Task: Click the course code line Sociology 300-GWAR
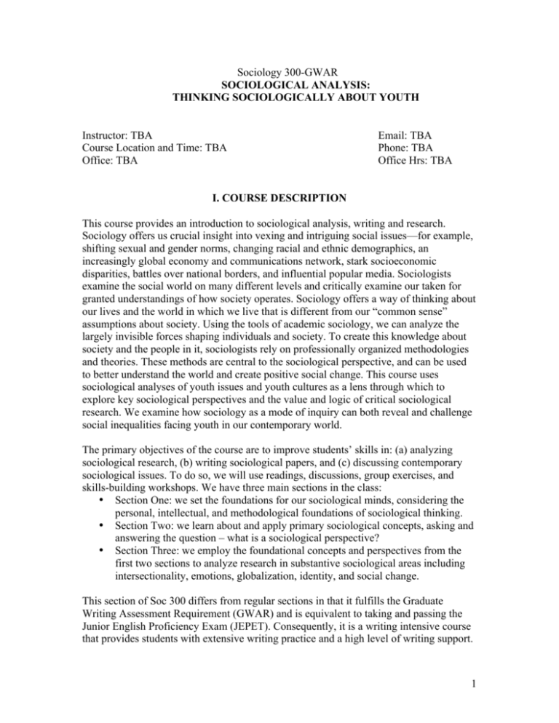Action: [279, 73]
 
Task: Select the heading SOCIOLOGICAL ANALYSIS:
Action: [279, 85]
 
